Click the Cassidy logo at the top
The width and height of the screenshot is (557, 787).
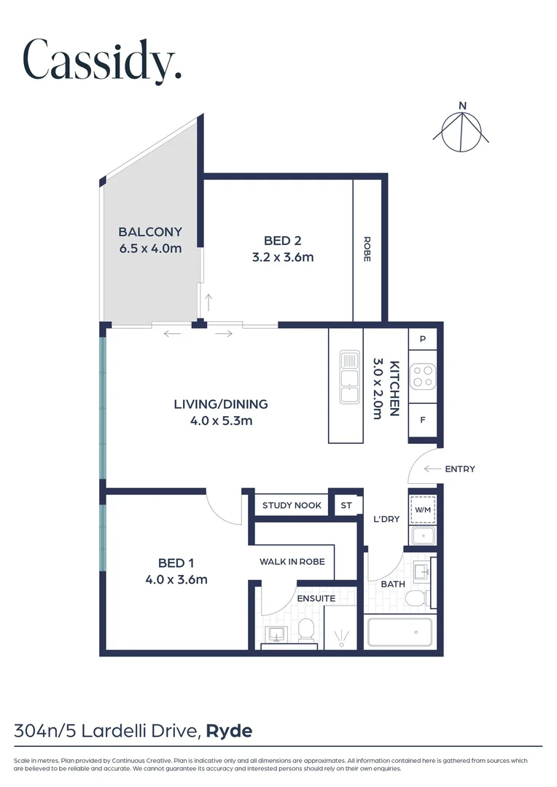click(102, 60)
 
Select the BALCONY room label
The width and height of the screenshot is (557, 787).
click(150, 232)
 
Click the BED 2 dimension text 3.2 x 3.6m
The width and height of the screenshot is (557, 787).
click(283, 257)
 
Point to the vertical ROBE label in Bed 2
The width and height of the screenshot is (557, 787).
click(367, 249)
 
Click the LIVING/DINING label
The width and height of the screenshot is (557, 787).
click(221, 404)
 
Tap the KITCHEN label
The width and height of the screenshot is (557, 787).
click(394, 389)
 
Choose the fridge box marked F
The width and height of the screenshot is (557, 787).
click(423, 420)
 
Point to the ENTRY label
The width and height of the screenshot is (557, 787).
click(459, 469)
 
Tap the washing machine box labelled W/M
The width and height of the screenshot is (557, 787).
click(423, 510)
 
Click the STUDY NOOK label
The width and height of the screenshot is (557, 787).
click(292, 506)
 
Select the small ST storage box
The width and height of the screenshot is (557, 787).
click(346, 506)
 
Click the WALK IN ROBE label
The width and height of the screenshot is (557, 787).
click(297, 562)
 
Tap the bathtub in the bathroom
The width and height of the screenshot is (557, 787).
click(400, 632)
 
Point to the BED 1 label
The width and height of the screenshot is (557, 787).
click(176, 563)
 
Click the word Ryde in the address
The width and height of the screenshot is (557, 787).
click(230, 730)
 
